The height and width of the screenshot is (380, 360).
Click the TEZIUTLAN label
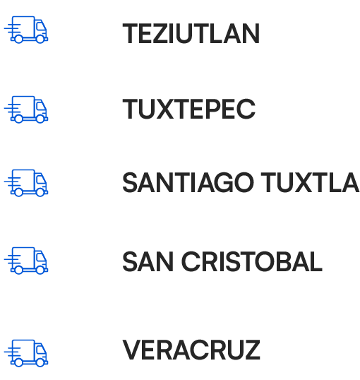191,33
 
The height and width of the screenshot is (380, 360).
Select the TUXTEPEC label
189,109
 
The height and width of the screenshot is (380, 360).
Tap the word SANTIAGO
188,182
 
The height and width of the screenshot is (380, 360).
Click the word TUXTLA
310,182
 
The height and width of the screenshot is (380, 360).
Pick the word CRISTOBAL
252,262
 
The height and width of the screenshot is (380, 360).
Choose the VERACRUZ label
191,350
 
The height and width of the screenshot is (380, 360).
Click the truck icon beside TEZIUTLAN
26,30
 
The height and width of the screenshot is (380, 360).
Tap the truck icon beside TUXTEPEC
26,109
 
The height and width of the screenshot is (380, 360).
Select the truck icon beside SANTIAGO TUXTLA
26,183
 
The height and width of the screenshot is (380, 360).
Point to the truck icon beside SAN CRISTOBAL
26,261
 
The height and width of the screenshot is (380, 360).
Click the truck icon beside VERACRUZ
26,353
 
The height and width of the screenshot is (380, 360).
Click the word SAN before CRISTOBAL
148,262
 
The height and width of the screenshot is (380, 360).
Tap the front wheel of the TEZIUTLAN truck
40,39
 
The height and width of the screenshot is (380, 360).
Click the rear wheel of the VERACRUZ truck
18,362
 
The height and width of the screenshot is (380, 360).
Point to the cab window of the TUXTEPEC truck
40,106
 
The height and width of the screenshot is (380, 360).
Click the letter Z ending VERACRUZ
252,350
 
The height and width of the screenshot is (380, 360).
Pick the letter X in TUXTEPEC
165,109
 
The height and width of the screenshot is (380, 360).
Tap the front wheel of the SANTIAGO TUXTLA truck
40,192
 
